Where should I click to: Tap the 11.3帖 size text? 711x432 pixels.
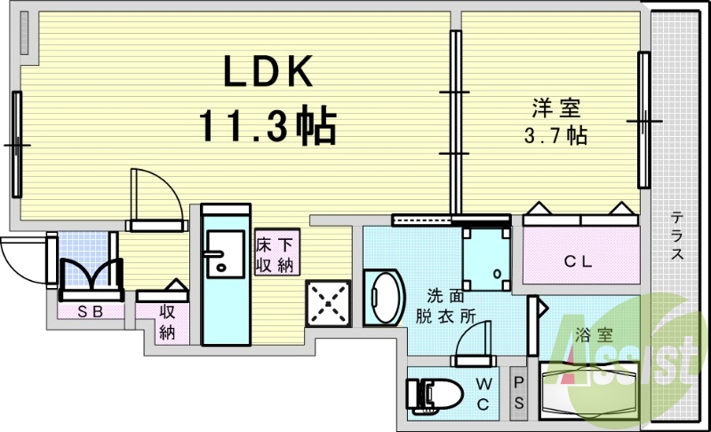[266, 127]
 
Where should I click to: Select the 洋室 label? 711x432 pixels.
[555, 108]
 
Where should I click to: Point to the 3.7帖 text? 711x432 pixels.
[555, 136]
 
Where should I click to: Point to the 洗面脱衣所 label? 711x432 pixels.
[444, 306]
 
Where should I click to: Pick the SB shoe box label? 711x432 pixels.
[88, 311]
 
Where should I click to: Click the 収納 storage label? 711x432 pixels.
[167, 322]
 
